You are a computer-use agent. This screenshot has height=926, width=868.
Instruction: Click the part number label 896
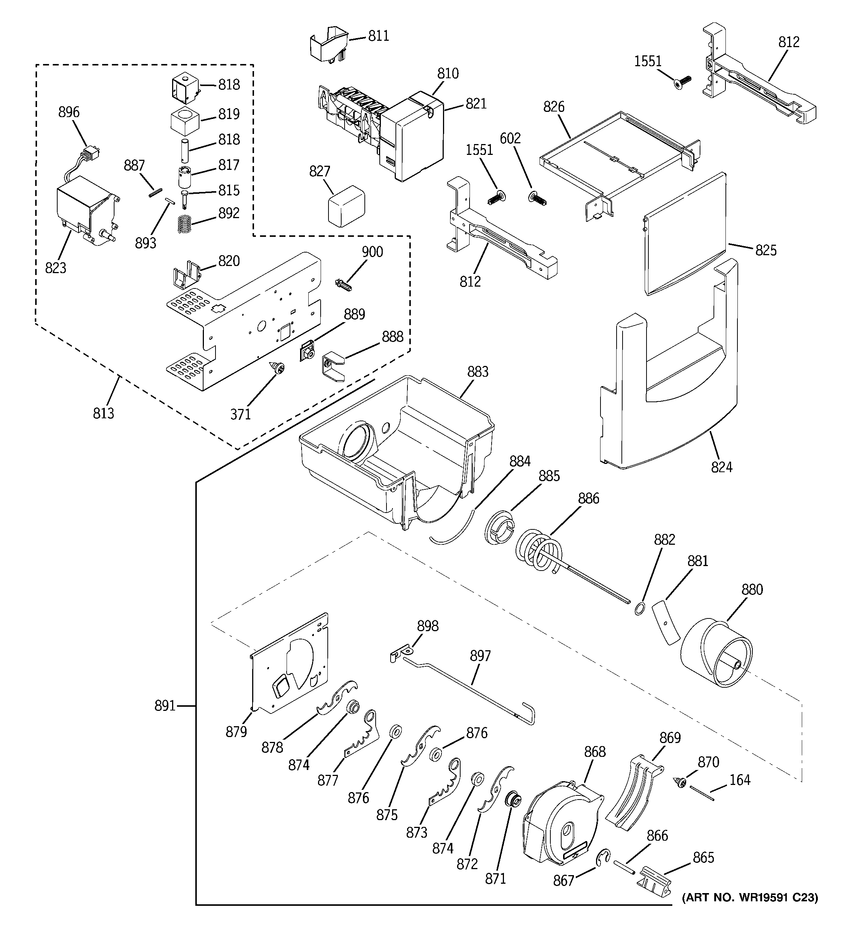(x=69, y=112)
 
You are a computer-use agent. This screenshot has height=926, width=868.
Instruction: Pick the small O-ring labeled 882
(x=640, y=608)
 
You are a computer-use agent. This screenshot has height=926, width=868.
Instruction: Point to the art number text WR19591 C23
(x=750, y=897)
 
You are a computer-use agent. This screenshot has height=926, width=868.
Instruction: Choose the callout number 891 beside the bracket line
(x=165, y=706)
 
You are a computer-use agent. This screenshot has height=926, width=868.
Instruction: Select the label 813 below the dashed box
(x=103, y=413)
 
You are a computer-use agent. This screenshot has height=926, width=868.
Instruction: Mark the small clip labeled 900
(x=343, y=284)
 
